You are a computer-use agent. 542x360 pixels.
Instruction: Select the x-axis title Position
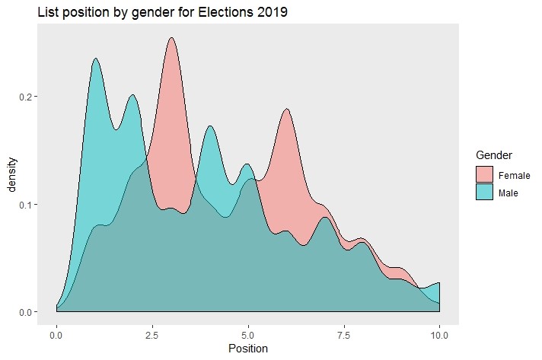[x=247, y=349]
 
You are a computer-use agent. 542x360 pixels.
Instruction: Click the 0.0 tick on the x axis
[x=56, y=334]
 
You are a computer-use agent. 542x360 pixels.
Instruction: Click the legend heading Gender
[x=494, y=155]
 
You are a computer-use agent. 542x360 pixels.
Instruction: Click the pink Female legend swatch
[x=484, y=175]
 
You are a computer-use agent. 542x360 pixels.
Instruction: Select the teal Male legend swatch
[x=484, y=193]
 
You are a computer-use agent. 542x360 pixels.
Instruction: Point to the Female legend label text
[x=514, y=175]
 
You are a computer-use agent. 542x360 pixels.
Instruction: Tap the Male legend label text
[x=509, y=193]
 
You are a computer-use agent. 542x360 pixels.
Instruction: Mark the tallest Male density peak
[x=95, y=59]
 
